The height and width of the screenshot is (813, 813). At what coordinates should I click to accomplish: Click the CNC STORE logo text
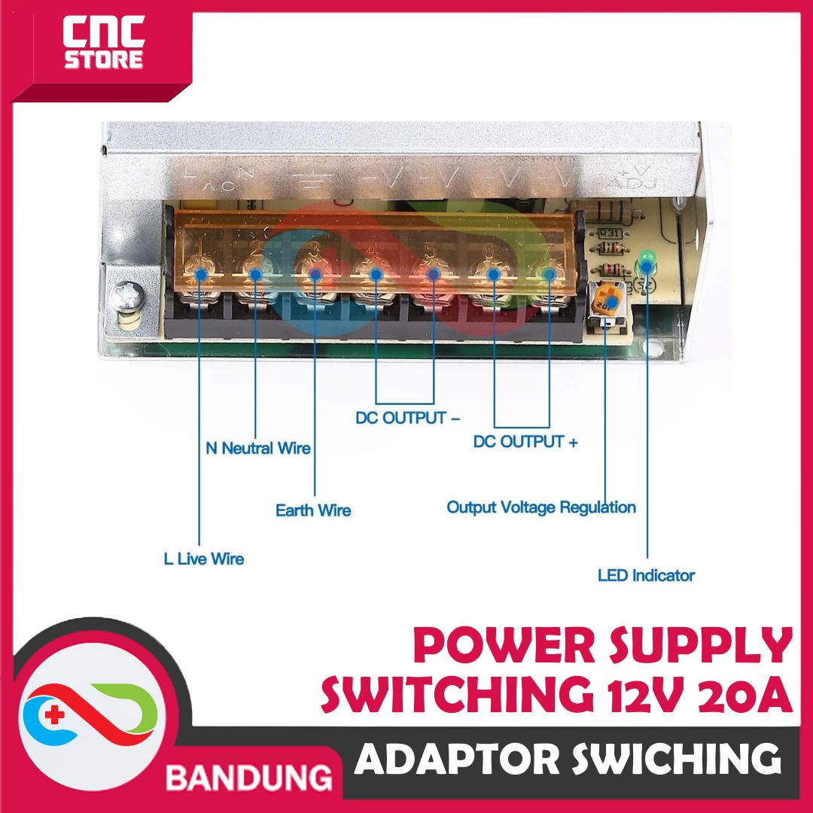[103, 47]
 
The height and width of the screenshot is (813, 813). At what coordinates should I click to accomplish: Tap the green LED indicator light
[646, 263]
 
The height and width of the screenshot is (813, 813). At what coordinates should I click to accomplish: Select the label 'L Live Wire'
[204, 559]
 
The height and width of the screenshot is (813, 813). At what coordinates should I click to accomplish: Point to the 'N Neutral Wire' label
[257, 449]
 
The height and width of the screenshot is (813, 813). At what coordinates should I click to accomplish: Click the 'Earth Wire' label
[313, 511]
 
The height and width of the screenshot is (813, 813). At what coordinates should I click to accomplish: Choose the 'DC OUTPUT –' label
[407, 418]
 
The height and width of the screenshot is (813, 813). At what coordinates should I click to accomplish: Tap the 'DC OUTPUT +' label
[525, 442]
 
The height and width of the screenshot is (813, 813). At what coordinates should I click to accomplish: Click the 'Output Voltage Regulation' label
[541, 507]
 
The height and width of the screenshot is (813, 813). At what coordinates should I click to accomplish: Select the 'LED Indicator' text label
[646, 576]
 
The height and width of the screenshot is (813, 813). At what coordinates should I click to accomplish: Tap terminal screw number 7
[550, 275]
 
